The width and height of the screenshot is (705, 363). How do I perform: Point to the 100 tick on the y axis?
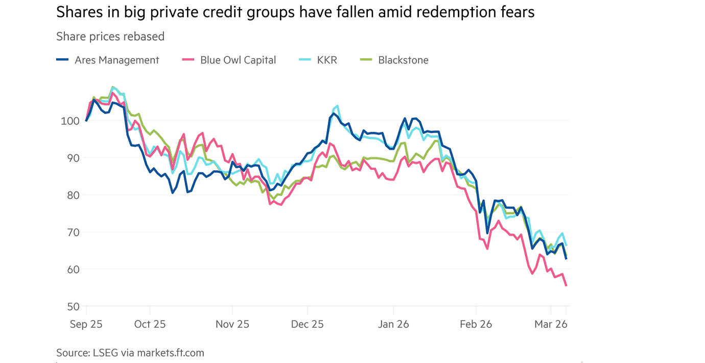tap(66, 121)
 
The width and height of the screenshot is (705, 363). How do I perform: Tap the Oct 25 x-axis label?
tap(150, 324)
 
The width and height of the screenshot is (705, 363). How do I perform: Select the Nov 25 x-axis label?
tap(232, 324)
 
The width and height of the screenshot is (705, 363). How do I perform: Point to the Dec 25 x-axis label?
tap(308, 324)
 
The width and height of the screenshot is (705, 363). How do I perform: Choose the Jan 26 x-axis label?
tap(393, 324)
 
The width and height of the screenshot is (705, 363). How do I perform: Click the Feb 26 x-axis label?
tap(476, 324)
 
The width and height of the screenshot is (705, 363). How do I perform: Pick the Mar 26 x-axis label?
tap(551, 324)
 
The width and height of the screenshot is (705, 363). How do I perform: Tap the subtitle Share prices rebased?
tap(110, 36)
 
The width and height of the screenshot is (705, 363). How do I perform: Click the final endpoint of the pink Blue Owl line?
tap(566, 285)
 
